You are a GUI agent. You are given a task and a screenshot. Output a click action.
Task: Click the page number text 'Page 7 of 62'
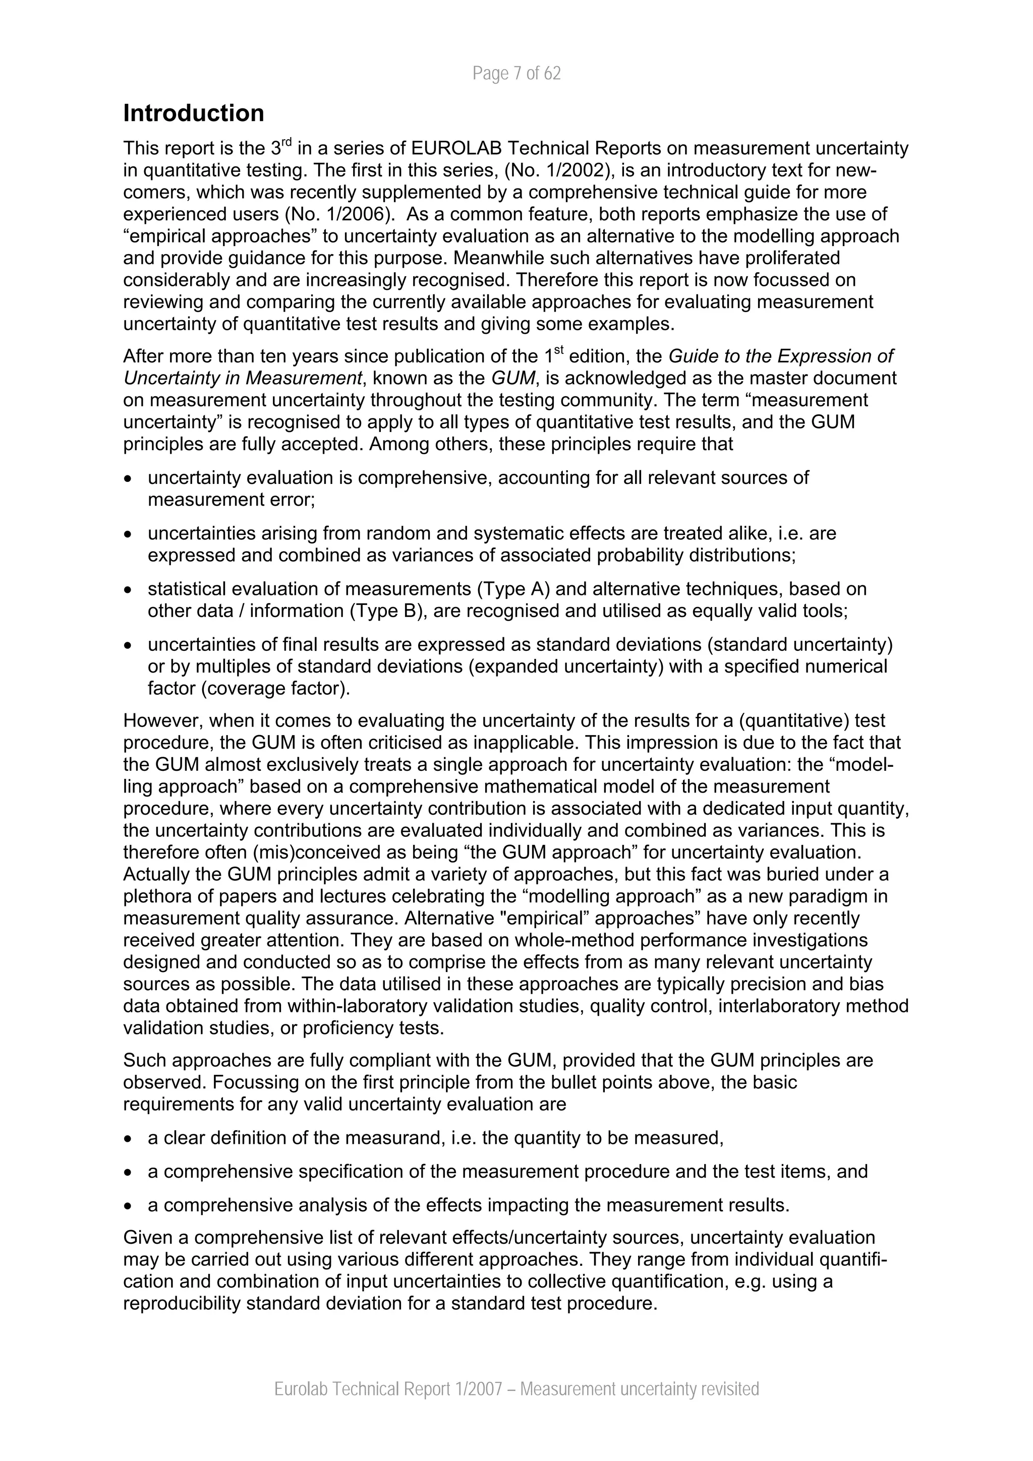[x=516, y=74]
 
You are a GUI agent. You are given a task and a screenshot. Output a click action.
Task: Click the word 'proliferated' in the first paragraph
[x=794, y=258]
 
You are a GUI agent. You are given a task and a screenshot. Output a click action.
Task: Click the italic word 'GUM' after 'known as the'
[x=513, y=378]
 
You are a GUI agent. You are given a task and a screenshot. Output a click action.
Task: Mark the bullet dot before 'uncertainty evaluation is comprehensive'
[x=129, y=478]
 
